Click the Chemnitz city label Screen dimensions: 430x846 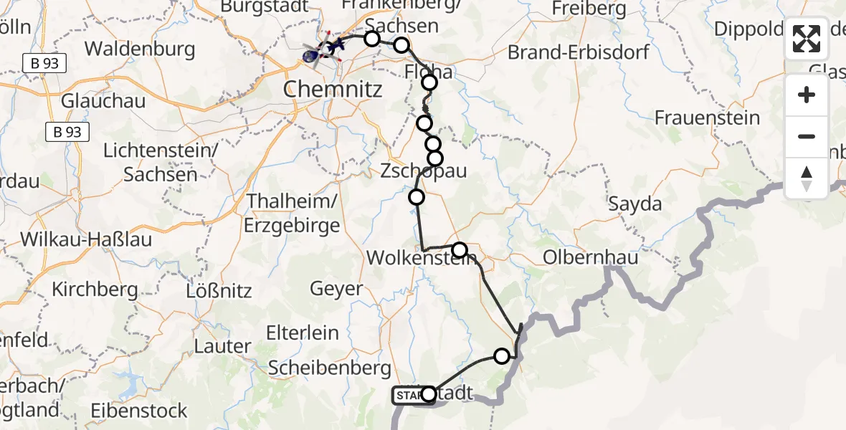tap(333, 90)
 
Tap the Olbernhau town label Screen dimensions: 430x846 tap(591, 257)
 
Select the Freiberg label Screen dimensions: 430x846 tap(589, 9)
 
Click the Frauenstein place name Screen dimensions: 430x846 tap(707, 118)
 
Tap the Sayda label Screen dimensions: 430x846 tap(634, 204)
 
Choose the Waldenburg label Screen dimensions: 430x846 tap(140, 49)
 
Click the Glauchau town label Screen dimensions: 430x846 tap(103, 100)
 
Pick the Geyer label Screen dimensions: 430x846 tap(336, 289)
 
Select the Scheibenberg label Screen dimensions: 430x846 tap(330, 368)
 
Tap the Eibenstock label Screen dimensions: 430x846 tap(139, 411)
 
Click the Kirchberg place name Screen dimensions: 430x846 tap(95, 290)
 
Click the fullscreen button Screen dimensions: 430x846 tap(807, 39)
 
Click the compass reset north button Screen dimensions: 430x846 tap(807, 178)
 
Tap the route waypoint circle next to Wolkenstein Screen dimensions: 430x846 tap(460, 250)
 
